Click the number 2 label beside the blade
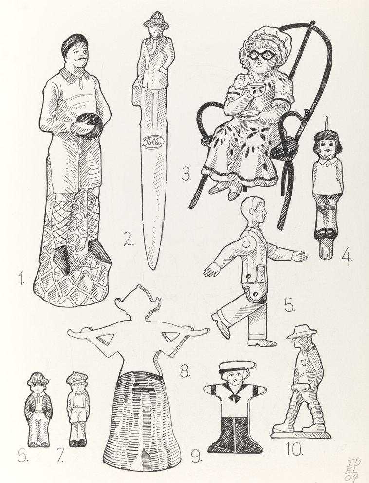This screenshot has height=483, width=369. pyautogui.click(x=128, y=240)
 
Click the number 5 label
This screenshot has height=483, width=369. pyautogui.click(x=290, y=306)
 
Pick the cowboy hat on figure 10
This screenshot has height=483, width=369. pyautogui.click(x=301, y=333)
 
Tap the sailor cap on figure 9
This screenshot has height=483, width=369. pyautogui.click(x=237, y=367)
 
